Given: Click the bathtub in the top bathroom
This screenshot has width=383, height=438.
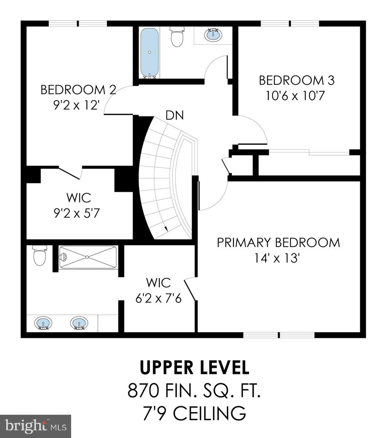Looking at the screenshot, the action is pyautogui.click(x=150, y=52).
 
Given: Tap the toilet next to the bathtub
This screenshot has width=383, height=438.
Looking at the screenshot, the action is pyautogui.click(x=177, y=36).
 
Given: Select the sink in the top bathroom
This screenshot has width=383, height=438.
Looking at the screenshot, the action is pyautogui.click(x=213, y=34).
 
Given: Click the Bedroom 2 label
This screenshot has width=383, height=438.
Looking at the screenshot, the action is pyautogui.click(x=78, y=90).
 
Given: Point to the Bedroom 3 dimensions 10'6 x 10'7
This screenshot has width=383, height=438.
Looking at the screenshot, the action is pyautogui.click(x=295, y=96).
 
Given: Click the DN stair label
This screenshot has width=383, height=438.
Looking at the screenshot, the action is pyautogui.click(x=175, y=115).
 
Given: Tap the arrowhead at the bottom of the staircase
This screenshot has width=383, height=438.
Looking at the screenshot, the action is pyautogui.click(x=166, y=228).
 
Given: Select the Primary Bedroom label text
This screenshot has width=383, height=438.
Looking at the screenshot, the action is pyautogui.click(x=278, y=243).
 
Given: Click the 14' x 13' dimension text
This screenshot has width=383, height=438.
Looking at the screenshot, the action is pyautogui.click(x=277, y=258).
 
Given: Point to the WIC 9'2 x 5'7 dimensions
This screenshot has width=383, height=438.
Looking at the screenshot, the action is pyautogui.click(x=77, y=214).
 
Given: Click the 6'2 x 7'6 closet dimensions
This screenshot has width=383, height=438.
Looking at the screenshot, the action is pyautogui.click(x=158, y=298).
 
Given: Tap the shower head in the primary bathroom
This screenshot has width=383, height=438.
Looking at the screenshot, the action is pyautogui.click(x=64, y=256).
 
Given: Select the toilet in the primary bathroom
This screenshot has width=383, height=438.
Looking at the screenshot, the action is pyautogui.click(x=40, y=255).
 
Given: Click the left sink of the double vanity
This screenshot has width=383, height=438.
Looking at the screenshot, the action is pyautogui.click(x=43, y=323).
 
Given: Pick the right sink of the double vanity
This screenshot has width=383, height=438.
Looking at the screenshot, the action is pyautogui.click(x=79, y=323).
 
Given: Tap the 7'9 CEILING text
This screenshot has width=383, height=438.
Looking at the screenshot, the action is pyautogui.click(x=194, y=413).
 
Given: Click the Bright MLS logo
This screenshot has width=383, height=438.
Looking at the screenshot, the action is pyautogui.click(x=35, y=426).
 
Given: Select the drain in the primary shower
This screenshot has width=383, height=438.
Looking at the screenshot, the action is pyautogui.click(x=87, y=257).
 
